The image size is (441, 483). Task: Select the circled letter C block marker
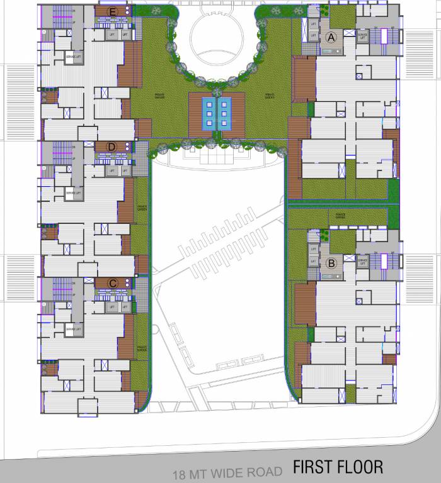(113, 284)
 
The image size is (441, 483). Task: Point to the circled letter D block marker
(113, 147)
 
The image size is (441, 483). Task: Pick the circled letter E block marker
(113, 12)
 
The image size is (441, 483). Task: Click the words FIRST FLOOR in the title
(337, 467)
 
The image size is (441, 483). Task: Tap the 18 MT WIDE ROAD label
(227, 472)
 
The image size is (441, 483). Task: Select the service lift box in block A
(362, 37)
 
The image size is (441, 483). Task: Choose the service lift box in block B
(362, 262)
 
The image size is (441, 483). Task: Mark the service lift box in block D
(74, 194)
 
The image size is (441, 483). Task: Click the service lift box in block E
(74, 58)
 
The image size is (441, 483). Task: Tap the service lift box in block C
(74, 329)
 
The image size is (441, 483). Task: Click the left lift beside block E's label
(112, 35)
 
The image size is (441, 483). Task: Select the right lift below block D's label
(125, 170)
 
